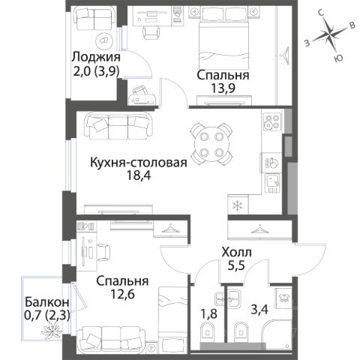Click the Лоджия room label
(96, 57)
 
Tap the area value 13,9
(223, 88)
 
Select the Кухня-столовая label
(139, 162)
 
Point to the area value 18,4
(139, 175)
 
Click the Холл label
(236, 253)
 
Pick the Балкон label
(46, 302)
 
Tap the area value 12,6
(122, 294)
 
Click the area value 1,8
(208, 314)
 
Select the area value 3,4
(259, 310)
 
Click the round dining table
(212, 144)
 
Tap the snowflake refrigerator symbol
(237, 205)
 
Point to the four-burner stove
(272, 121)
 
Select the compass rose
(330, 34)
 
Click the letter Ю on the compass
(338, 58)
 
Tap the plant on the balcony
(51, 330)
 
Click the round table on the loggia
(104, 40)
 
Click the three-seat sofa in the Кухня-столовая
(118, 125)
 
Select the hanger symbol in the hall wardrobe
(259, 229)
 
